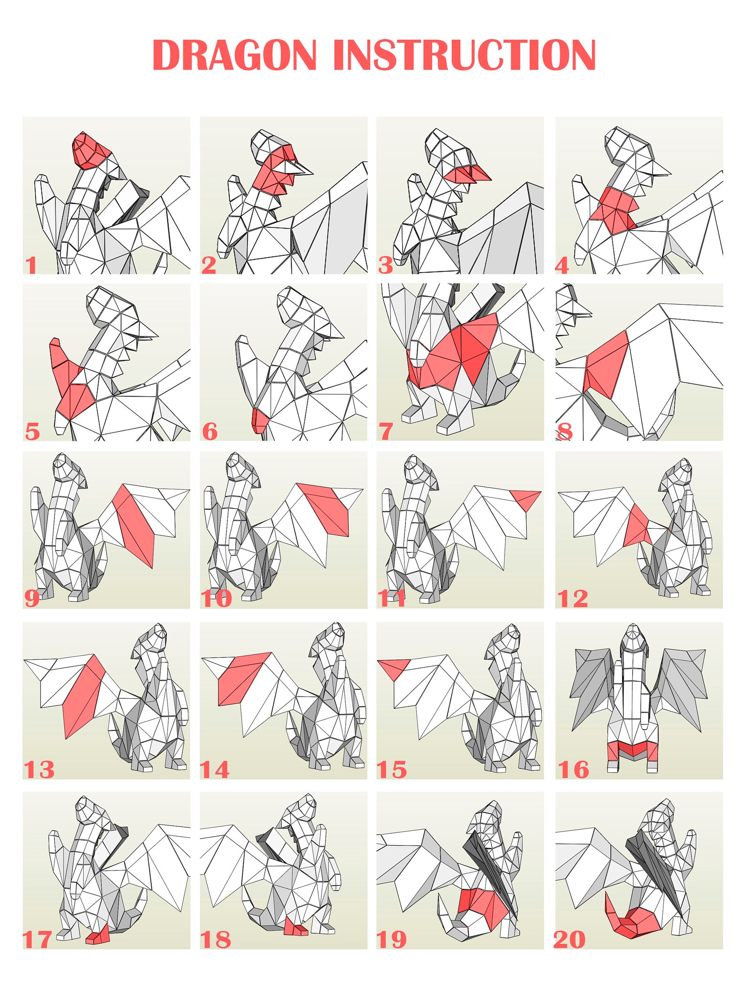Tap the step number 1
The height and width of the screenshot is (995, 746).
pos(31,266)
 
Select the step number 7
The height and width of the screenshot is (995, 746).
pos(386,431)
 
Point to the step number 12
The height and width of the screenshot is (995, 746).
pos(572,599)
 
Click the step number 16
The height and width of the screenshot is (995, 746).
pos(573,770)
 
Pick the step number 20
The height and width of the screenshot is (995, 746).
pos(570,940)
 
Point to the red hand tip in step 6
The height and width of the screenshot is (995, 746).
pos(259,420)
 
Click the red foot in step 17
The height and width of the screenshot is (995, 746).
pos(98,937)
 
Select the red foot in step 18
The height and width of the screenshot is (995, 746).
pos(295,929)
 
